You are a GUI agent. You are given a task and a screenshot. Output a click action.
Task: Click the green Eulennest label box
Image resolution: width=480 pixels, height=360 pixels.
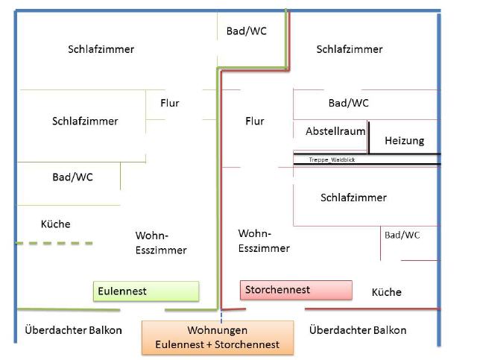click(146, 291)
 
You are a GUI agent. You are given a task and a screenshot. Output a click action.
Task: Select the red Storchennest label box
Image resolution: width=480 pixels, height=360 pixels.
click(296, 290)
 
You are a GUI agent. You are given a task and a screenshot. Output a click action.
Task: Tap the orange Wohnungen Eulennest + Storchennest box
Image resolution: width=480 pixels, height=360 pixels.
click(218, 338)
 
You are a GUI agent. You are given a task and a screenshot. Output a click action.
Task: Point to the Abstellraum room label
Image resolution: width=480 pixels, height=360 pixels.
click(335, 131)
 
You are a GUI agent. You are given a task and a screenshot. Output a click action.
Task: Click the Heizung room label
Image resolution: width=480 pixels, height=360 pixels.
click(405, 141)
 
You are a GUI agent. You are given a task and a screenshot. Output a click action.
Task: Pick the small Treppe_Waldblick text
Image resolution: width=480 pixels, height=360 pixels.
click(332, 160)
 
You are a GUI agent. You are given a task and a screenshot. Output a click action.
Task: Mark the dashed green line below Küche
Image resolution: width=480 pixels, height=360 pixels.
click(54, 244)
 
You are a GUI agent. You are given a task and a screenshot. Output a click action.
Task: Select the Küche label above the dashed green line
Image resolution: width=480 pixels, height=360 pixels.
click(56, 224)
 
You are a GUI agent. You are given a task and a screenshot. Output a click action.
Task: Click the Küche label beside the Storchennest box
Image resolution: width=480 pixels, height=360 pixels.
click(387, 292)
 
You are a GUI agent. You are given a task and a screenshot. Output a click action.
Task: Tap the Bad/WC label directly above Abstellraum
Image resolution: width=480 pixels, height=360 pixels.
click(348, 103)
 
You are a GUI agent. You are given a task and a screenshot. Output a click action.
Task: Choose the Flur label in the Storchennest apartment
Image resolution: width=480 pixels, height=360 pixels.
click(255, 121)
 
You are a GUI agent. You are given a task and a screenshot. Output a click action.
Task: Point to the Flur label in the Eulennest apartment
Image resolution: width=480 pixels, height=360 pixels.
click(170, 103)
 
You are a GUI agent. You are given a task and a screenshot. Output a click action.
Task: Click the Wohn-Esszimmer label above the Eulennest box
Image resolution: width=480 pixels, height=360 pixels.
click(161, 243)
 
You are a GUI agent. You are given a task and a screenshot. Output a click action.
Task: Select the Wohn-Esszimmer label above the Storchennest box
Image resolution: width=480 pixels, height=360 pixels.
click(264, 241)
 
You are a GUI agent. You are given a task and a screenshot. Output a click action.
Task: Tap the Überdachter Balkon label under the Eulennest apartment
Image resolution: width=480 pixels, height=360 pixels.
click(74, 330)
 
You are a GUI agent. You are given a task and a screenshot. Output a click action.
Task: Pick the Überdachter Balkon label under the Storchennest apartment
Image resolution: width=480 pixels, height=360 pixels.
click(358, 330)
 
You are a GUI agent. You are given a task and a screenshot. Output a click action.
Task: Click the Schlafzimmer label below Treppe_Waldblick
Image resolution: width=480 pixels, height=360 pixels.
click(353, 198)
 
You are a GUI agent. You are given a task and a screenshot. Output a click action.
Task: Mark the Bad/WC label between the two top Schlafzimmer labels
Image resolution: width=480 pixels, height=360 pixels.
click(247, 31)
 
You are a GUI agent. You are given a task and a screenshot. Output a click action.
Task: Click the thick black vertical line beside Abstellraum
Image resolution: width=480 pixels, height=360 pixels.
click(369, 137)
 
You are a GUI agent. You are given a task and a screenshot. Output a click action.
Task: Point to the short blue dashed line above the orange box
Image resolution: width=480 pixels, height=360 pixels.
click(221, 316)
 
